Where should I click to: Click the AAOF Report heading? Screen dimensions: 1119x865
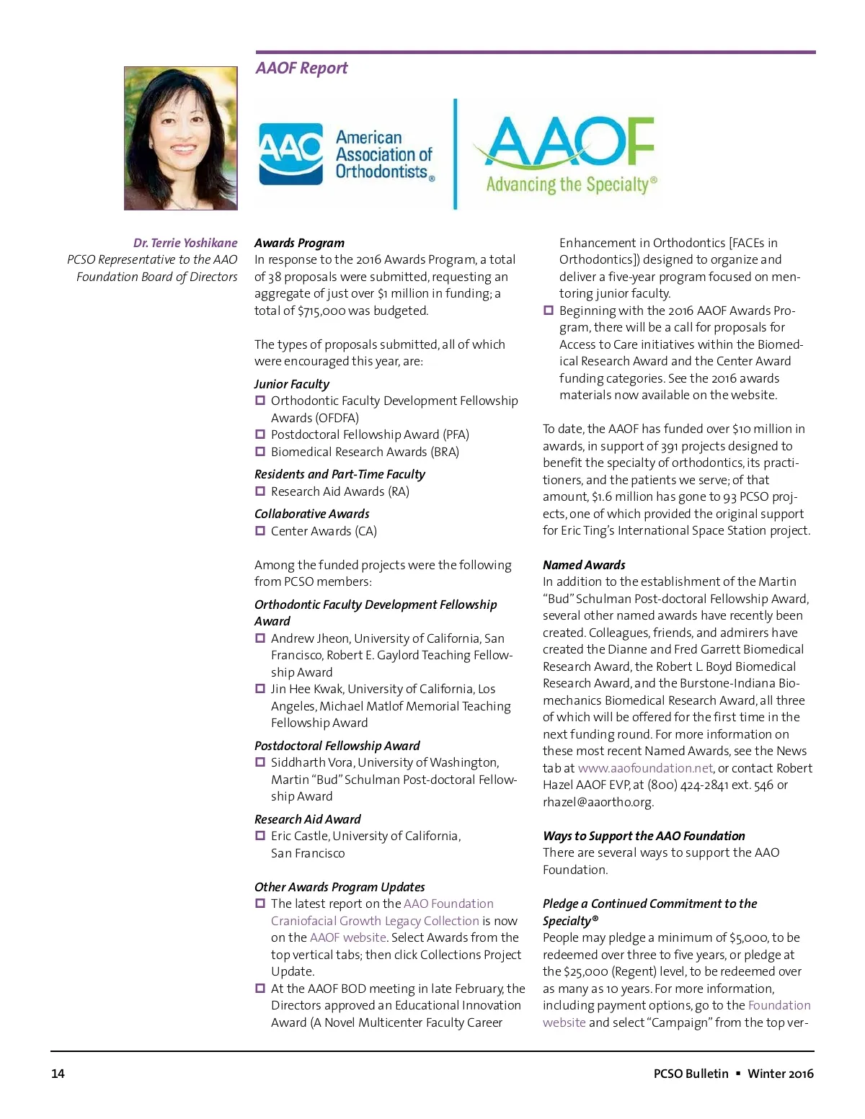pyautogui.click(x=301, y=68)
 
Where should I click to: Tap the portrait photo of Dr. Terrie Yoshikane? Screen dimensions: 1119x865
pyautogui.click(x=180, y=138)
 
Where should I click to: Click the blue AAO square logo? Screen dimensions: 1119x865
pyautogui.click(x=290, y=153)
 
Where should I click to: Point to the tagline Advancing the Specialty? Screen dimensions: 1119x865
pyautogui.click(x=571, y=184)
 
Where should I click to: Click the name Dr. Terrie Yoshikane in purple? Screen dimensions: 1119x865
pyautogui.click(x=185, y=243)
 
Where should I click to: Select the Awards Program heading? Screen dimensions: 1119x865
pyautogui.click(x=299, y=243)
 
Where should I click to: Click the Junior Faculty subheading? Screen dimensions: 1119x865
pyautogui.click(x=291, y=384)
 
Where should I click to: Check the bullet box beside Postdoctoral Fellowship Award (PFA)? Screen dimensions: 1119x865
pyautogui.click(x=260, y=434)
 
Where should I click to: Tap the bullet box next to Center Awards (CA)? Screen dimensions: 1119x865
pyautogui.click(x=260, y=531)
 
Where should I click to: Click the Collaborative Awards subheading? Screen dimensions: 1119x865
pyautogui.click(x=311, y=514)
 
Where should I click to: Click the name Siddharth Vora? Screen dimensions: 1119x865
pyautogui.click(x=311, y=762)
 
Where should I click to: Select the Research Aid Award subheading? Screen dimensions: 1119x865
pyautogui.click(x=307, y=819)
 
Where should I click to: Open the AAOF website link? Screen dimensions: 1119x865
pyautogui.click(x=347, y=937)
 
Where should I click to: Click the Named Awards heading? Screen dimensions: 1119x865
pyautogui.click(x=584, y=565)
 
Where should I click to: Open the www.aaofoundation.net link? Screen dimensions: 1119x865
pyautogui.click(x=645, y=768)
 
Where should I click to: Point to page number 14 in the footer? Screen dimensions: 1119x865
pyautogui.click(x=58, y=1074)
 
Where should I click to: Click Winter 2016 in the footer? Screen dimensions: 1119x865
pyautogui.click(x=781, y=1074)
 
